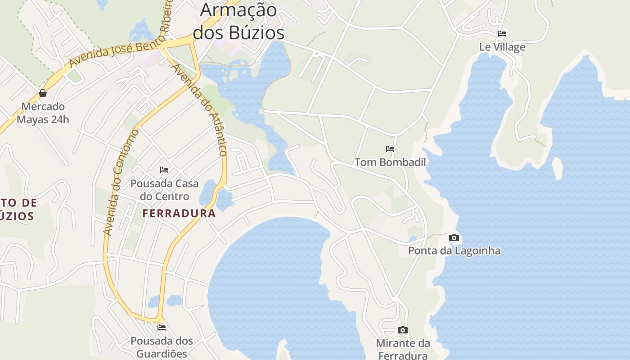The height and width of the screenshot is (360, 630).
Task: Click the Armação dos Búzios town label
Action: tap(238, 22)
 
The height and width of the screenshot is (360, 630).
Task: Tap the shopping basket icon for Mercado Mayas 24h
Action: tap(43, 93)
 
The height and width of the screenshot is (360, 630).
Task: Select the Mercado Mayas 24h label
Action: tap(43, 113)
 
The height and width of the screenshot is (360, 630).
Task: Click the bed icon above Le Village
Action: tap(502, 34)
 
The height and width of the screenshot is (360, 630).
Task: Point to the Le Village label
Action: tap(502, 47)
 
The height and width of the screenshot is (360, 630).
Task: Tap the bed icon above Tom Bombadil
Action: tap(390, 148)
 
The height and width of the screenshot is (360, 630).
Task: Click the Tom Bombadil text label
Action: tap(390, 162)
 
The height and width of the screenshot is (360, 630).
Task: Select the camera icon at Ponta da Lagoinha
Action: tap(454, 238)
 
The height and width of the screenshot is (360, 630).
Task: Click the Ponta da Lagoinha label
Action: tap(454, 251)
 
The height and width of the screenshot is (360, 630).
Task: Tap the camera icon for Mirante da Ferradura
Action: tap(403, 330)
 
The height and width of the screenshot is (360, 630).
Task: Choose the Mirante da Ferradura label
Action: tap(403, 349)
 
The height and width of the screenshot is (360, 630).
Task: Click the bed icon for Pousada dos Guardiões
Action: tap(162, 327)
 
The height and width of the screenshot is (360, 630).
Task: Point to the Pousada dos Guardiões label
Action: tap(162, 347)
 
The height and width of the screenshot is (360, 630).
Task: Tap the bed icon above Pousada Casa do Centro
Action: tap(164, 170)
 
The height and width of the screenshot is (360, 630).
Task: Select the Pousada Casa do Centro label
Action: tap(164, 190)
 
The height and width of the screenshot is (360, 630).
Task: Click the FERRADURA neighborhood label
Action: tap(179, 213)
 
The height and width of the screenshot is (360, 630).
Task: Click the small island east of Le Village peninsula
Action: tap(557, 168)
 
